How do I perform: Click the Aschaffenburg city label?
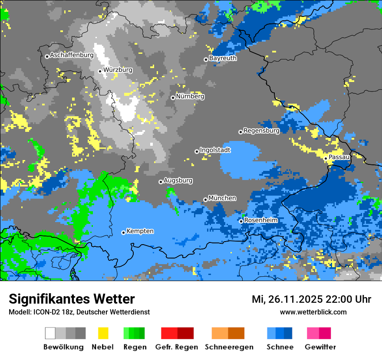point(72,56)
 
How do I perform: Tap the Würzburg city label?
point(118,70)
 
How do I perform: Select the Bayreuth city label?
point(223,58)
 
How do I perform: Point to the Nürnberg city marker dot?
point(173,98)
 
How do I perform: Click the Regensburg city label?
point(261,131)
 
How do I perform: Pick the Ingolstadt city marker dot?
point(197,151)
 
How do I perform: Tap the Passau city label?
point(339,157)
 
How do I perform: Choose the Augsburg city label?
point(178,180)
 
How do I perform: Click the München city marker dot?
point(205,200)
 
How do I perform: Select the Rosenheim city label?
point(260,220)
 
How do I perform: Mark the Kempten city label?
point(140,231)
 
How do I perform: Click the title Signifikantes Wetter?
point(72,299)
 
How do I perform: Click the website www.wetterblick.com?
point(313,312)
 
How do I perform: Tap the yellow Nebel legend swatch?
point(103,333)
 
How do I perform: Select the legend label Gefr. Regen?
point(177,347)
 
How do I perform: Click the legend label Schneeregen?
point(229,347)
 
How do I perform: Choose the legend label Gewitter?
point(320,347)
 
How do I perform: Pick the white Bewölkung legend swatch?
point(50,333)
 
